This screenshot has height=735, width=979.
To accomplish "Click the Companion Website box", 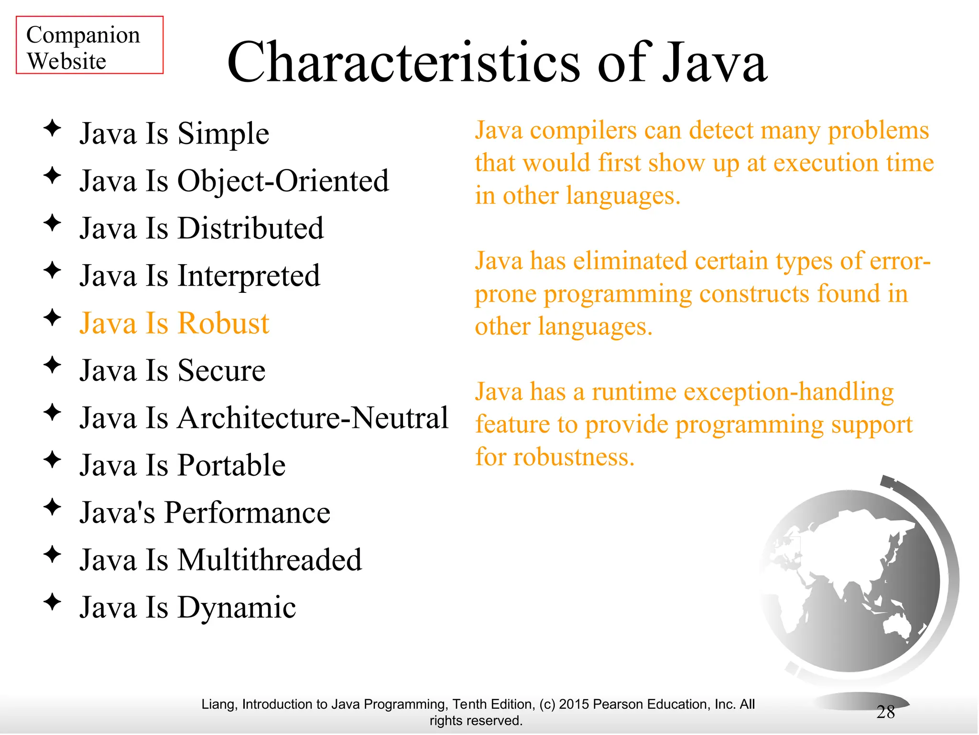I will coord(89,45).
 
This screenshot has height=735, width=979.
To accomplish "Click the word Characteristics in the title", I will coord(404,62).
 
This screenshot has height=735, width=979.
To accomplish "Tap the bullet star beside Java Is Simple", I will coord(52,128).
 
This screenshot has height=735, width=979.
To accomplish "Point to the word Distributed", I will coord(250,228).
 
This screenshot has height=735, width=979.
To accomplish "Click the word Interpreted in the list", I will coord(249,276).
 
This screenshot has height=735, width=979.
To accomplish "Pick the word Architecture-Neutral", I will coord(313,418).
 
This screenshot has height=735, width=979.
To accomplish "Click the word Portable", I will coord(231,466).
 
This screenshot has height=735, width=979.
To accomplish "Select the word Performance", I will coord(247,513).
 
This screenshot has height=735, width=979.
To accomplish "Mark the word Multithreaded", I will coord(270,560).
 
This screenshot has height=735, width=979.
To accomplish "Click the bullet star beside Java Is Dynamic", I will coord(52,602).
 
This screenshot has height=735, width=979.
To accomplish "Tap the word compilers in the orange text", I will coord(583,131).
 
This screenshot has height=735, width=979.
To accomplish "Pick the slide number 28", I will coord(885,712).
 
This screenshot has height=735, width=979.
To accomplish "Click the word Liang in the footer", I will coord(218,704).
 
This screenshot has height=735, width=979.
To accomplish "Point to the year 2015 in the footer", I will coord(574,704).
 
